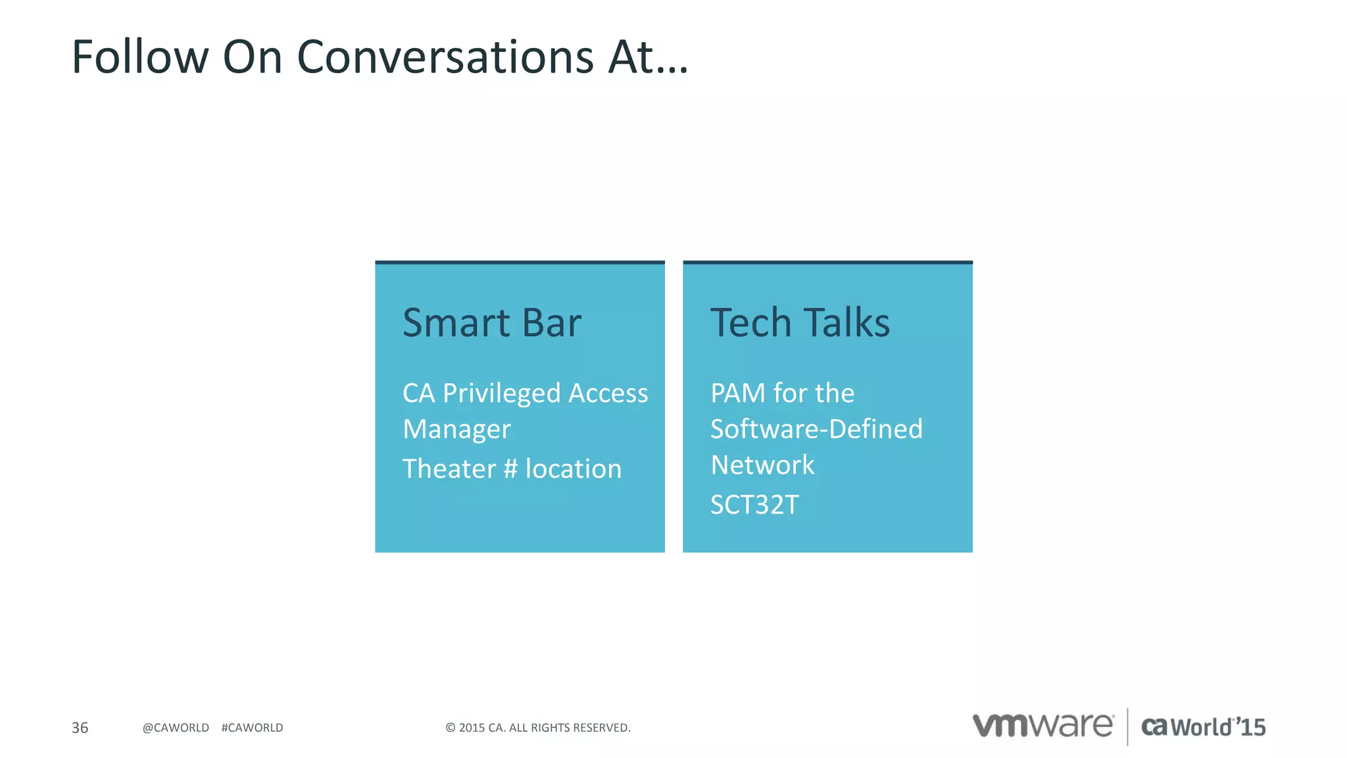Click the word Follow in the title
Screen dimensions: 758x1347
[x=139, y=57]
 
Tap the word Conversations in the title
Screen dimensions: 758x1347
[x=445, y=57]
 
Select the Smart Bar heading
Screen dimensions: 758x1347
[x=492, y=322]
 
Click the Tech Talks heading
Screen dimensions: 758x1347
[x=800, y=322]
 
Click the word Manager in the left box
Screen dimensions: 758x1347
[x=456, y=430]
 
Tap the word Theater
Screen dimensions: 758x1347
[x=449, y=469]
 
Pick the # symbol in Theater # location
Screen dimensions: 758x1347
[x=510, y=469]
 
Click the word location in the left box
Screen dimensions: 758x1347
[x=573, y=469]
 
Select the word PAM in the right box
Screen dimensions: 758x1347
[x=738, y=393]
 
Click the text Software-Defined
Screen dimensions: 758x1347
[x=816, y=429]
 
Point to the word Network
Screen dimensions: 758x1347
[x=762, y=465]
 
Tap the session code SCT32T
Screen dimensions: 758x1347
[x=754, y=505]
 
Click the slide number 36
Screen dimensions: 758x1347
[x=80, y=728]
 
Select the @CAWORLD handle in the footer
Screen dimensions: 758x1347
[x=176, y=728]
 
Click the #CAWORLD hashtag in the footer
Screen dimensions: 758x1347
[x=252, y=728]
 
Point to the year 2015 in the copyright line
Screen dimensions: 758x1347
[x=472, y=728]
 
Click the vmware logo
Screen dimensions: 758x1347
[x=1043, y=726]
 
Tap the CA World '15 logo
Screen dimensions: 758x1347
[x=1203, y=727]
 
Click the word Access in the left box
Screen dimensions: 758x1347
[x=608, y=393]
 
